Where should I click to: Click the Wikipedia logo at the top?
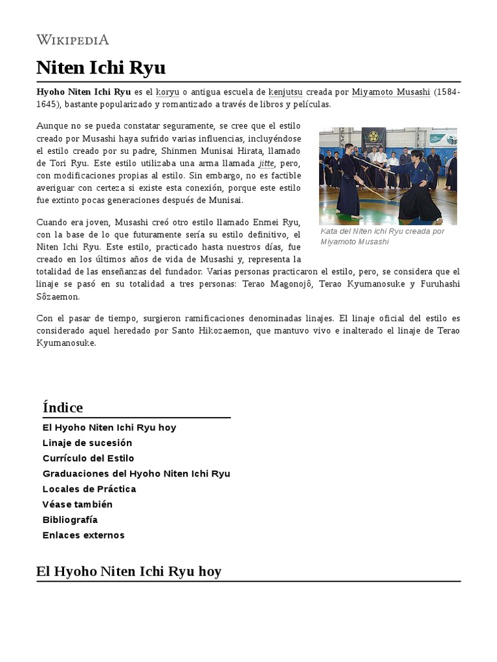click(x=72, y=40)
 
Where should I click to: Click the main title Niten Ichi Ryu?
click(x=101, y=68)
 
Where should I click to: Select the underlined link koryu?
click(x=168, y=92)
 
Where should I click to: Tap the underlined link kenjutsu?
click(x=285, y=92)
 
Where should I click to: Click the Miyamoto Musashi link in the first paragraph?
click(x=391, y=92)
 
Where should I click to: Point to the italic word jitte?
click(x=266, y=164)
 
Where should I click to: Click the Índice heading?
click(x=63, y=408)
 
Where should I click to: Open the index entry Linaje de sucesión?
click(x=87, y=443)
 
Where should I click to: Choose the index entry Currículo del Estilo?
click(x=89, y=458)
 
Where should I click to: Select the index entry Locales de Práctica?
click(x=89, y=489)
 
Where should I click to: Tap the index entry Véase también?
click(x=78, y=504)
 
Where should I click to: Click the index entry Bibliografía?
click(x=71, y=520)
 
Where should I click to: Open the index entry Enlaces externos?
click(x=83, y=535)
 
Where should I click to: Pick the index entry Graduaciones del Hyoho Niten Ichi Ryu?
click(x=137, y=474)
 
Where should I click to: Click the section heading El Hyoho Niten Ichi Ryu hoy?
click(x=129, y=571)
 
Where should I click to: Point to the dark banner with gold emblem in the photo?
click(x=373, y=137)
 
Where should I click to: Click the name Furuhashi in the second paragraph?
click(x=439, y=284)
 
